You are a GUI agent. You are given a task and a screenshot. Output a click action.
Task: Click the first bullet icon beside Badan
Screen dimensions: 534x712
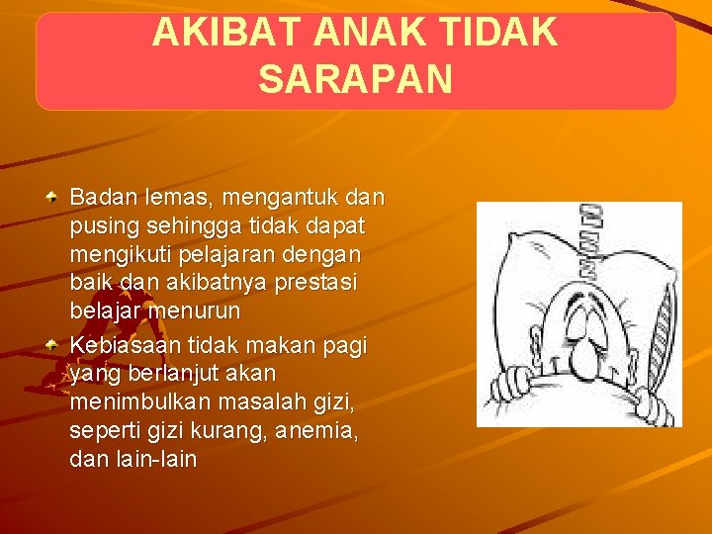tap(58, 197)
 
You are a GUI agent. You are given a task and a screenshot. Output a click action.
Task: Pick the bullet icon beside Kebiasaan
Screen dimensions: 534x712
tap(58, 345)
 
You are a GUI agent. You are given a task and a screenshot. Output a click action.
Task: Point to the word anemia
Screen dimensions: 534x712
tap(318, 432)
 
